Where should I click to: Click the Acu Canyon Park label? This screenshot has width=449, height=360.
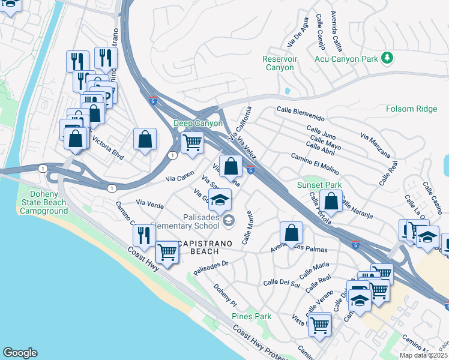click(346, 58)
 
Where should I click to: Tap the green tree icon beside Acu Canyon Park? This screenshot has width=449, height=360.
click(388, 58)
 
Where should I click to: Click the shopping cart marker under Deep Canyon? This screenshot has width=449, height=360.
click(192, 143)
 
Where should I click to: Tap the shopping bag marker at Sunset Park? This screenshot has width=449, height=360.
click(331, 201)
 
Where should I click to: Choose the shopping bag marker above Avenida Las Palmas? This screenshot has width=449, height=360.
click(291, 233)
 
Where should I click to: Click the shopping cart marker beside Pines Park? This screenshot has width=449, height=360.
click(320, 325)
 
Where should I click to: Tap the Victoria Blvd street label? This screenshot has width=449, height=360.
click(106, 147)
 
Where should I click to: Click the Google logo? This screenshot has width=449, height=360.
click(20, 353)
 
